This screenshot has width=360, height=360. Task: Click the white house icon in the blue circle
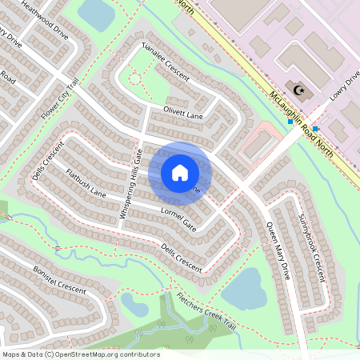click(180, 173)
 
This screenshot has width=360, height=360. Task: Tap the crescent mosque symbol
click(300, 90)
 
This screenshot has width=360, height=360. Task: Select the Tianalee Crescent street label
click(165, 62)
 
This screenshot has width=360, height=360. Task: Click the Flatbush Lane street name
click(86, 183)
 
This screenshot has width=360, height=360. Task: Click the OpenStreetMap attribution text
click(81, 354)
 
